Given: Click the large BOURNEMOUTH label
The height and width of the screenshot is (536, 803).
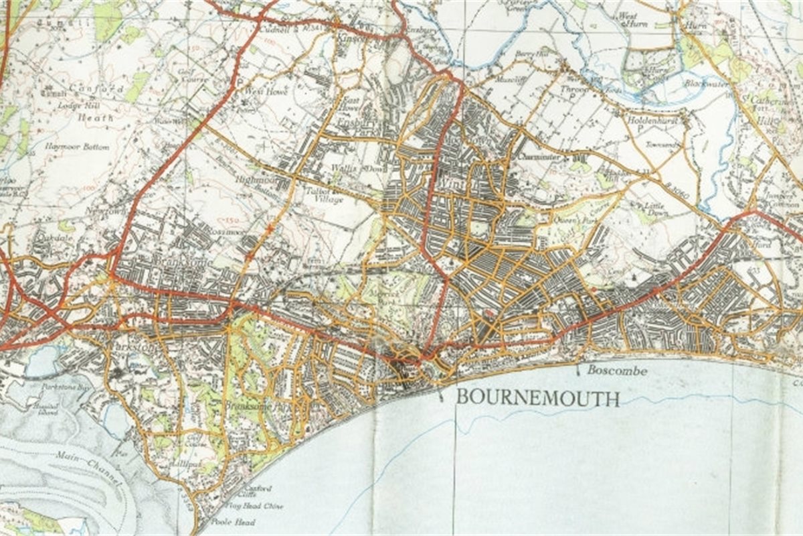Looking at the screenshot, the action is point(537,397).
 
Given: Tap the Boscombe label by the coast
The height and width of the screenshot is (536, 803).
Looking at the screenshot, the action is point(617,369).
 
